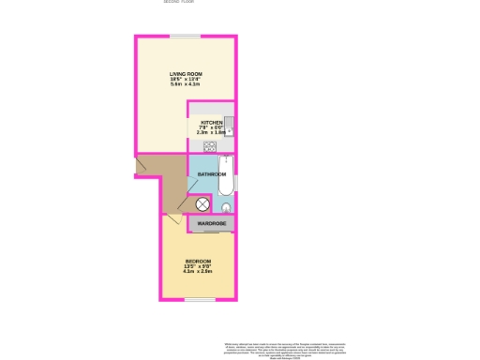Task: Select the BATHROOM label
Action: [212, 174]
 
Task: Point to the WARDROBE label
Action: [211, 223]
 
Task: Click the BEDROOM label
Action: [198, 261]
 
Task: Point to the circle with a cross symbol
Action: [202, 205]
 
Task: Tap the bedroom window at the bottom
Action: [198, 299]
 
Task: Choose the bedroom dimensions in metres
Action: [198, 273]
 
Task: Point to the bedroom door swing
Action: [172, 222]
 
